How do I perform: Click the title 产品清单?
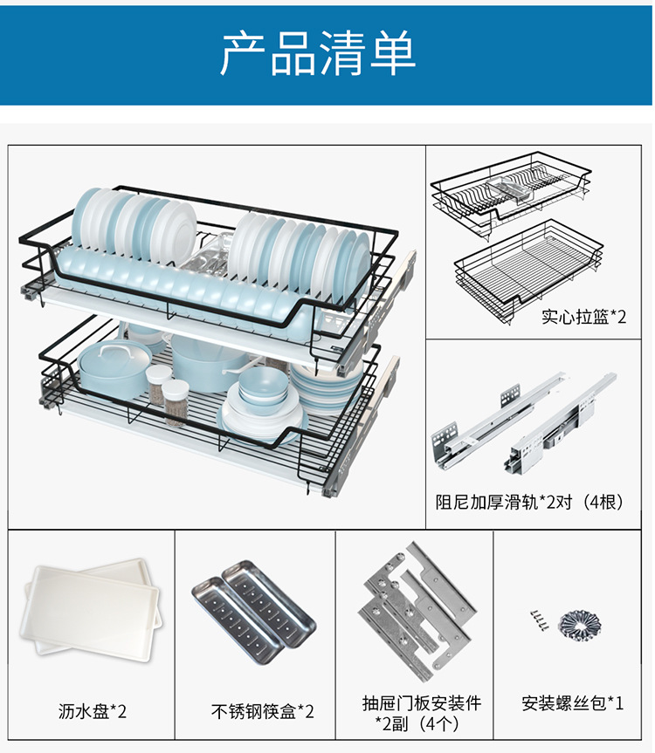click(x=318, y=53)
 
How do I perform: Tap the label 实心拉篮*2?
click(x=583, y=317)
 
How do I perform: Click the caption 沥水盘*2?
click(x=93, y=711)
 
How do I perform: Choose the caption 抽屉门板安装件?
click(x=422, y=702)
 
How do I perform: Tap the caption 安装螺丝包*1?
click(x=573, y=702)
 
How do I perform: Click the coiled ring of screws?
click(x=579, y=623)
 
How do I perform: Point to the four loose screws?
click(x=538, y=619)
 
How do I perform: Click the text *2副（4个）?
click(x=422, y=724)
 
